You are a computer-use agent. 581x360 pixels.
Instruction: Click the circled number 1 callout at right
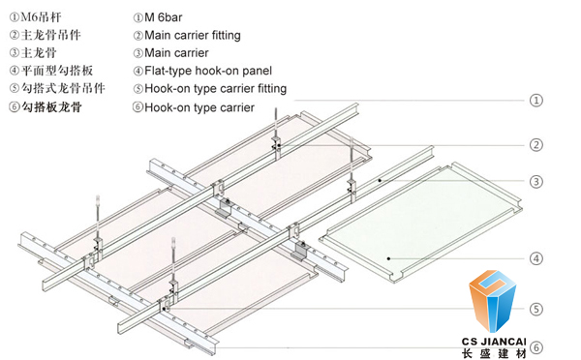coord(535,101)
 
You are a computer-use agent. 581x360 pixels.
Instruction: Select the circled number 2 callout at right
coord(535,145)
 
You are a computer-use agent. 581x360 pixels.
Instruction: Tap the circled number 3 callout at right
coord(535,182)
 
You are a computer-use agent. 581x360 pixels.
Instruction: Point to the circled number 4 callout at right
coord(535,258)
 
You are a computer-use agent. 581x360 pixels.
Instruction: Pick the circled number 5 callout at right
coord(535,310)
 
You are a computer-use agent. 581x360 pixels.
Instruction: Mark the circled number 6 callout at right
coord(535,347)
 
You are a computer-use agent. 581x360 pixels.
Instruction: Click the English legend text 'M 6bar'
coord(164,17)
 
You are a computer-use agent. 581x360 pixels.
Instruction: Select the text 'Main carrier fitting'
coord(193,35)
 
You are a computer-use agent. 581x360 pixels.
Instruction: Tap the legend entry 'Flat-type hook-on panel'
coord(208,71)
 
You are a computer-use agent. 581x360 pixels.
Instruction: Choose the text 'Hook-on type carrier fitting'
coord(215,88)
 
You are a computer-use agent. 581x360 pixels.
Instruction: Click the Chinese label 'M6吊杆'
coord(41,17)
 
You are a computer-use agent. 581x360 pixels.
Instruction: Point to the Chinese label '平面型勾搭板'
coord(57,71)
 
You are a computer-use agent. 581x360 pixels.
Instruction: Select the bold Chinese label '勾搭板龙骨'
coord(51,107)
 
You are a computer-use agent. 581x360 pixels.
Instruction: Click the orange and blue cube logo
coord(493,300)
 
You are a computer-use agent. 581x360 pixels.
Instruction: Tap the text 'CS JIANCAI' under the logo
coord(494,342)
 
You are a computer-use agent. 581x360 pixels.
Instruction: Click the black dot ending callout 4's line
coord(388,258)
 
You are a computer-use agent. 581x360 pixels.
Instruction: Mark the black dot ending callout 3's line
coord(381,180)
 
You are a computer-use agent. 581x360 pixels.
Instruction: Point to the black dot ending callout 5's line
coord(165,309)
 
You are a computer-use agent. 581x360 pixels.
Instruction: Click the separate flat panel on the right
coord(420,222)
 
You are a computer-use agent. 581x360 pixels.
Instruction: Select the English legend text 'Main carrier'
coord(176,53)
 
